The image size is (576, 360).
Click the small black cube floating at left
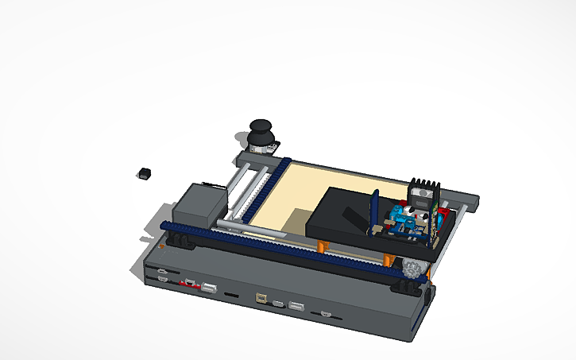[145, 172]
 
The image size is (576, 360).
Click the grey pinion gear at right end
[412, 268]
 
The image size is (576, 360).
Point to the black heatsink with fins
[422, 193]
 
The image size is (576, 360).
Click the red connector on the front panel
[190, 283]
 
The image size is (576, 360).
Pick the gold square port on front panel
[261, 299]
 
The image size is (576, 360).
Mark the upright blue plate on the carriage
[374, 210]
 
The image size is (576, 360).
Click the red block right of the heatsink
[445, 213]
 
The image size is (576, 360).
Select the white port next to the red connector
[209, 288]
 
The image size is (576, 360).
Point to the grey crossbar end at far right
[472, 202]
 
